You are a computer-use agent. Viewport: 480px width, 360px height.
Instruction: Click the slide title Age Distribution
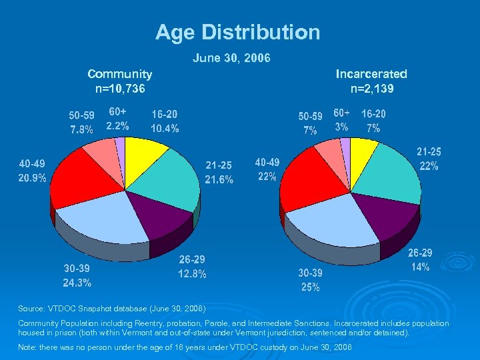tap(238, 32)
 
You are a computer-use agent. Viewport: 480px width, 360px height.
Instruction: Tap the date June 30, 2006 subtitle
tap(231, 59)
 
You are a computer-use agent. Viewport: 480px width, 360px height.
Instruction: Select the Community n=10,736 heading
tap(120, 81)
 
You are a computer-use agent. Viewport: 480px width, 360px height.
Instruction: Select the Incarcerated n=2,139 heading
tap(371, 81)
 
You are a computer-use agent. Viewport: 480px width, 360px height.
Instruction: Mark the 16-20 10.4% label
tap(165, 122)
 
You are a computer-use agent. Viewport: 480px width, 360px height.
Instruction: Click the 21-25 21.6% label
tap(219, 173)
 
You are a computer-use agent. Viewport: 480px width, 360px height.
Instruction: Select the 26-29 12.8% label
tap(192, 267)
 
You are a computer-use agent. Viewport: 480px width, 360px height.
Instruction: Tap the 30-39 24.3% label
tap(77, 275)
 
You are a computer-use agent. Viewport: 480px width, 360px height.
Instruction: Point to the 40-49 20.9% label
tap(33, 171)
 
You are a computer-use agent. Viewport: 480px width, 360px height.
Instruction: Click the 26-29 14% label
tap(420, 260)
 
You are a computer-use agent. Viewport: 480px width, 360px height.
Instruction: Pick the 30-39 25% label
tap(310, 281)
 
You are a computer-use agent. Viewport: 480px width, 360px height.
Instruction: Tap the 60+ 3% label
tap(341, 120)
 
